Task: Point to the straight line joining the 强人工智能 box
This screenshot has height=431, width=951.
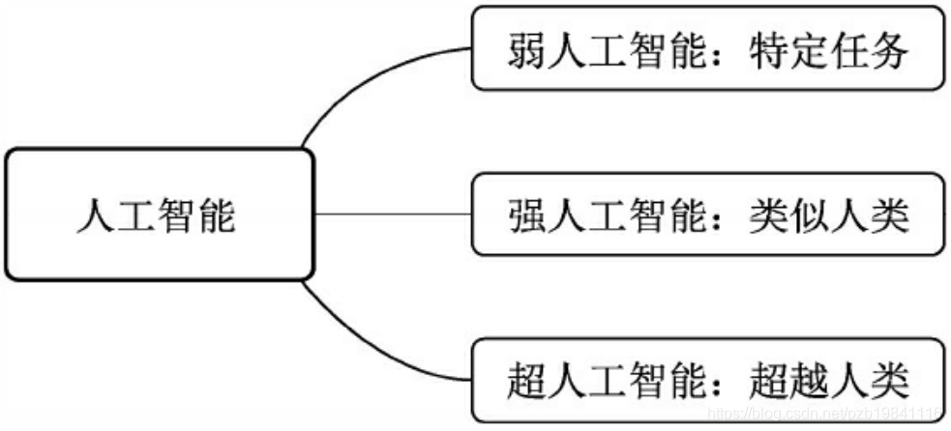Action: (392, 214)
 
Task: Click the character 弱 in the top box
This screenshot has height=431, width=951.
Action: (528, 52)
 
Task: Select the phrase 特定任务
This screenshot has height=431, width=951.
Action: (829, 52)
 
